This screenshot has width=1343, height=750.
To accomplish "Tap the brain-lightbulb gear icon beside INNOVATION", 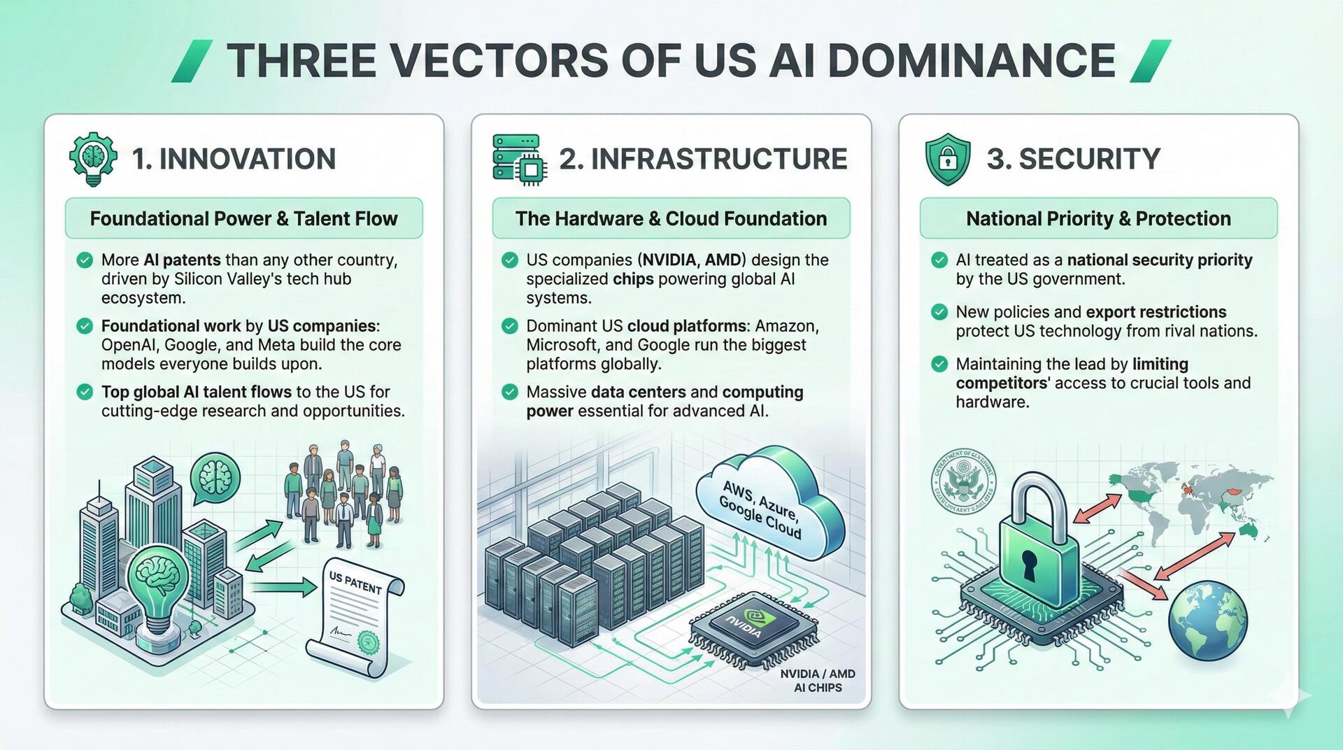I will point(93,160).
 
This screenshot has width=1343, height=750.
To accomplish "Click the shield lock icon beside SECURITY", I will point(947,160).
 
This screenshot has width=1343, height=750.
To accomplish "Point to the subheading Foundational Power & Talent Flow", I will point(243,218).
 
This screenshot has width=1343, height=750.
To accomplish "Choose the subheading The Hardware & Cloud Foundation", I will point(671,218).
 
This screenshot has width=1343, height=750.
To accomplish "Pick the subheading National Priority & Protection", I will point(1098,218).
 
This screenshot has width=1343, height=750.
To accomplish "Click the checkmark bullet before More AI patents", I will point(85,260).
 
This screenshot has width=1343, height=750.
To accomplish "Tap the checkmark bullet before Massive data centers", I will point(510,392).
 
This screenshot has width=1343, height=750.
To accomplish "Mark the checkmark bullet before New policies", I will point(939,312).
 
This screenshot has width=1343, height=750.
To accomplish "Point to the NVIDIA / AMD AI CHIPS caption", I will point(818,681).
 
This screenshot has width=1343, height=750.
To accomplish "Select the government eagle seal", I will point(964,483).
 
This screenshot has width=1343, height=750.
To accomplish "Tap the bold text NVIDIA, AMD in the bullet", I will point(691,260).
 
